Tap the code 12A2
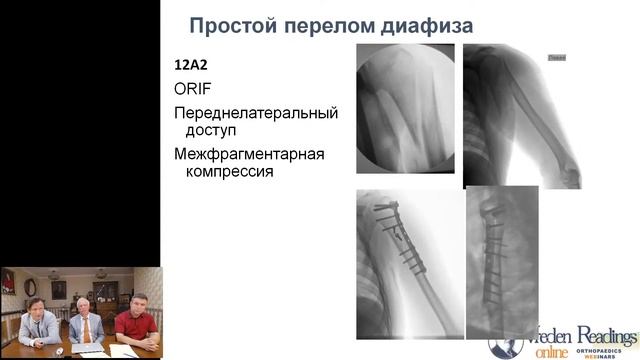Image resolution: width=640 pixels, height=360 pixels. click(x=193, y=66)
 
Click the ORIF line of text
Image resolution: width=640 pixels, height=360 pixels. click(x=192, y=89)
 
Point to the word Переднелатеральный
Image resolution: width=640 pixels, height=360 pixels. click(x=256, y=112)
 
